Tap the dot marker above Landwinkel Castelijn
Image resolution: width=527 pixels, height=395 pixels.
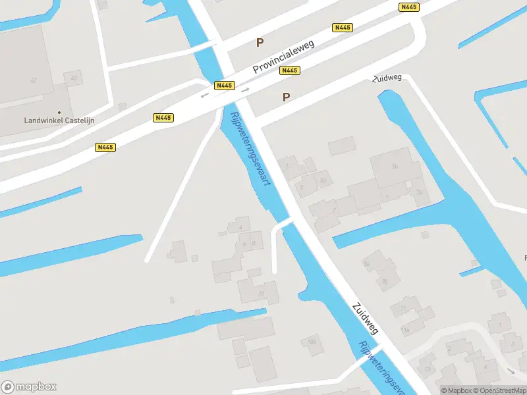pyautogui.click(x=59, y=112)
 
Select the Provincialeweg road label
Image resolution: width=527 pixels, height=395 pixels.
pyautogui.click(x=285, y=57)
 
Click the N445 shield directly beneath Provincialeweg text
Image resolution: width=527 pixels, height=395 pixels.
pyautogui.click(x=289, y=70)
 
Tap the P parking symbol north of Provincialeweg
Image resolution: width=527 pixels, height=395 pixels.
pyautogui.click(x=260, y=43)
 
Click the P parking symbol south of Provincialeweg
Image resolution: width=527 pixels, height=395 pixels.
pyautogui.click(x=286, y=97)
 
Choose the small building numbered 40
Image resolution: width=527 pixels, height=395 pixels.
pyautogui.click(x=73, y=78)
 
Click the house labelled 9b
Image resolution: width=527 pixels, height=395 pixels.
pyautogui.click(x=322, y=180)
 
